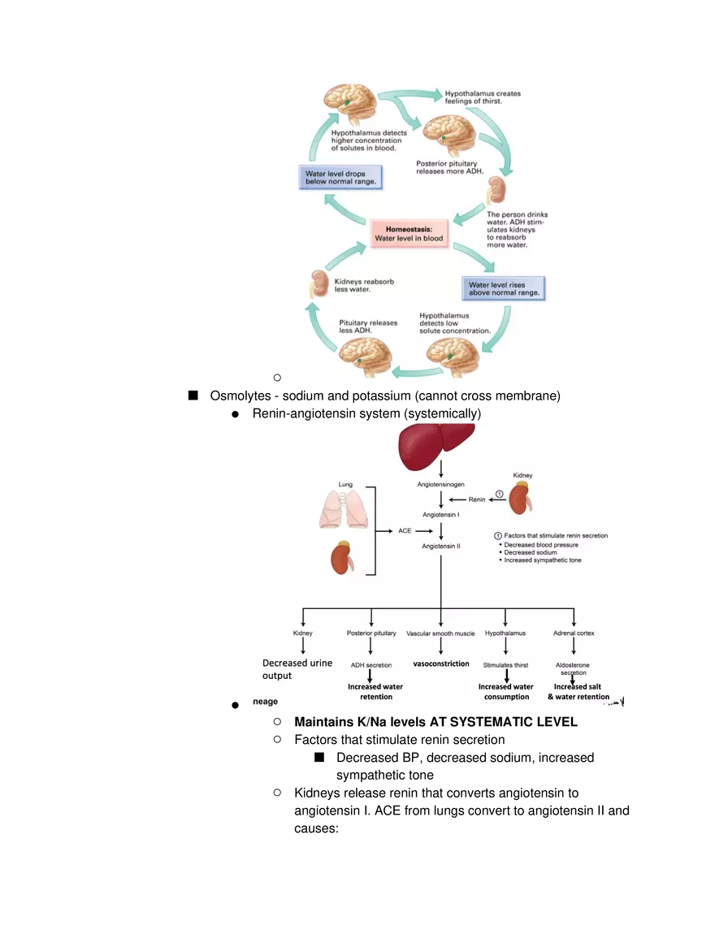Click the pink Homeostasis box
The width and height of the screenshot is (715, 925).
click(x=409, y=232)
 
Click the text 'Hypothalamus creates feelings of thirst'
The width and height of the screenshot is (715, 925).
click(x=483, y=97)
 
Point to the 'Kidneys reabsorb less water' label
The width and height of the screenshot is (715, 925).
click(x=364, y=285)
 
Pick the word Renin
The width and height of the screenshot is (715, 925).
click(x=477, y=499)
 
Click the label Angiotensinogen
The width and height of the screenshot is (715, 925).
click(x=441, y=484)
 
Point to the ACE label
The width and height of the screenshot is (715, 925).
click(x=405, y=530)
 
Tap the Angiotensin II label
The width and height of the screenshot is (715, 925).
click(x=441, y=547)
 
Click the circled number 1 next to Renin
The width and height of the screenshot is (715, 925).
click(x=500, y=494)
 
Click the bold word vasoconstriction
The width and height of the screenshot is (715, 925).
click(x=441, y=663)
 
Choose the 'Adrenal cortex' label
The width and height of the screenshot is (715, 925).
click(x=574, y=633)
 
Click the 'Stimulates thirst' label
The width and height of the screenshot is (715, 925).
click(x=506, y=664)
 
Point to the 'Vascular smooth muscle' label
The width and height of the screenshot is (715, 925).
click(x=440, y=633)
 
